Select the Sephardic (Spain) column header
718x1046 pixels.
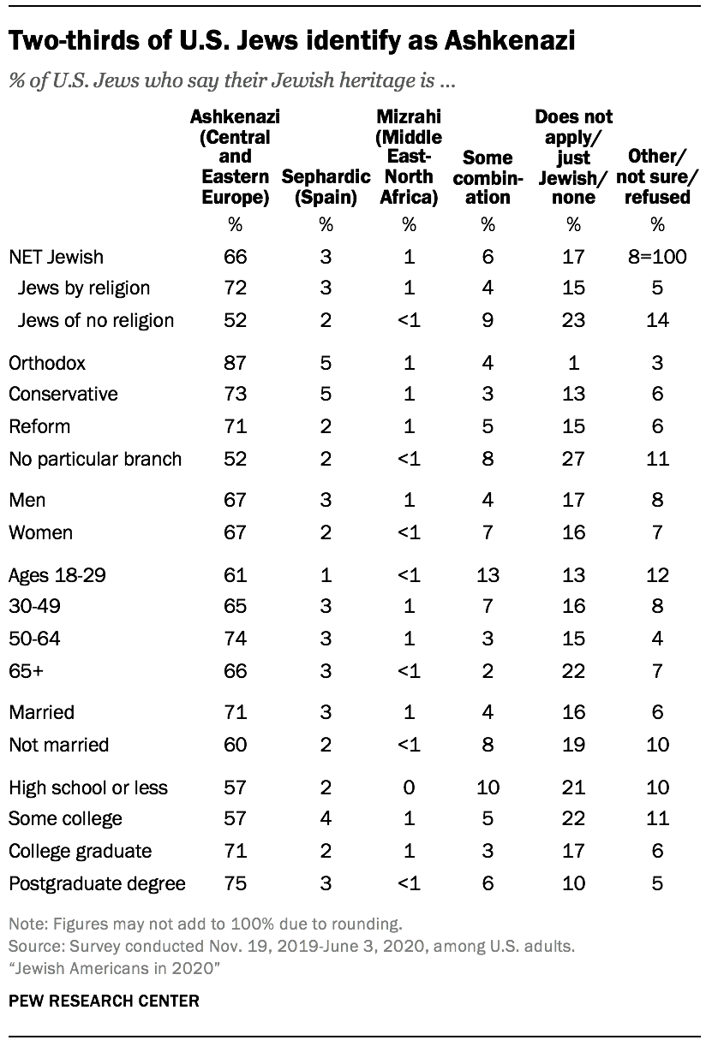coord(326,187)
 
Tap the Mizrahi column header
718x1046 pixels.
coord(409,157)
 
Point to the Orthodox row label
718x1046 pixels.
coord(47,362)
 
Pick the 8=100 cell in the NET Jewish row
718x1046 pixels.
coord(657,256)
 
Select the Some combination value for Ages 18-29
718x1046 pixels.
coord(488,574)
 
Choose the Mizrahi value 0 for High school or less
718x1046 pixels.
coord(409,787)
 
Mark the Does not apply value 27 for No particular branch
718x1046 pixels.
coord(573,458)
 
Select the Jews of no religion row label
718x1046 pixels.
coord(95,320)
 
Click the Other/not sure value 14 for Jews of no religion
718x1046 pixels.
coord(657,320)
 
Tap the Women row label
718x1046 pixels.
coord(40,532)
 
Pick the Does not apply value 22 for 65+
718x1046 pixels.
coord(573,669)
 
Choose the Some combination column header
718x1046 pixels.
coord(488,177)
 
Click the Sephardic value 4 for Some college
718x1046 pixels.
coord(326,818)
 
